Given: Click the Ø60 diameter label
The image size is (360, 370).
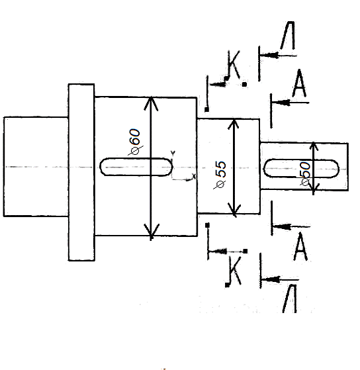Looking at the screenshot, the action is pos(135,142).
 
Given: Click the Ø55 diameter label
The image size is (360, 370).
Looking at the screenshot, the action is pos(220,175).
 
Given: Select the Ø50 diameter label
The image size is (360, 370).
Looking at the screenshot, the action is pos(305,173).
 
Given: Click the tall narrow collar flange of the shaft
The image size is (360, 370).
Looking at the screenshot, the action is pos(81,172).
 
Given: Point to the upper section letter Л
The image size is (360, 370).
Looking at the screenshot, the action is pos(288,35).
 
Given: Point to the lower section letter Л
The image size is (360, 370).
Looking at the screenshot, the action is pos(290,299).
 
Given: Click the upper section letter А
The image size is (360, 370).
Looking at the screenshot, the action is pos(299,83).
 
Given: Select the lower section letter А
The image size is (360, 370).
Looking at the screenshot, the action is pos(300,246).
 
